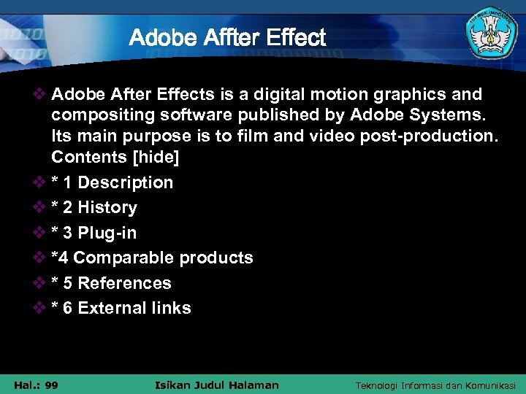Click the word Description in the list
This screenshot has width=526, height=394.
[125, 182]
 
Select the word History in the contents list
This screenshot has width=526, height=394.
[107, 207]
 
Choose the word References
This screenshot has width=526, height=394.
[124, 283]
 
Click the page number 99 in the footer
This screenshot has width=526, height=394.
[51, 385]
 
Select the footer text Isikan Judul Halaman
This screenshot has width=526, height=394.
[217, 385]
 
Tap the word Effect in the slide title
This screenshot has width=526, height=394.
[296, 37]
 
